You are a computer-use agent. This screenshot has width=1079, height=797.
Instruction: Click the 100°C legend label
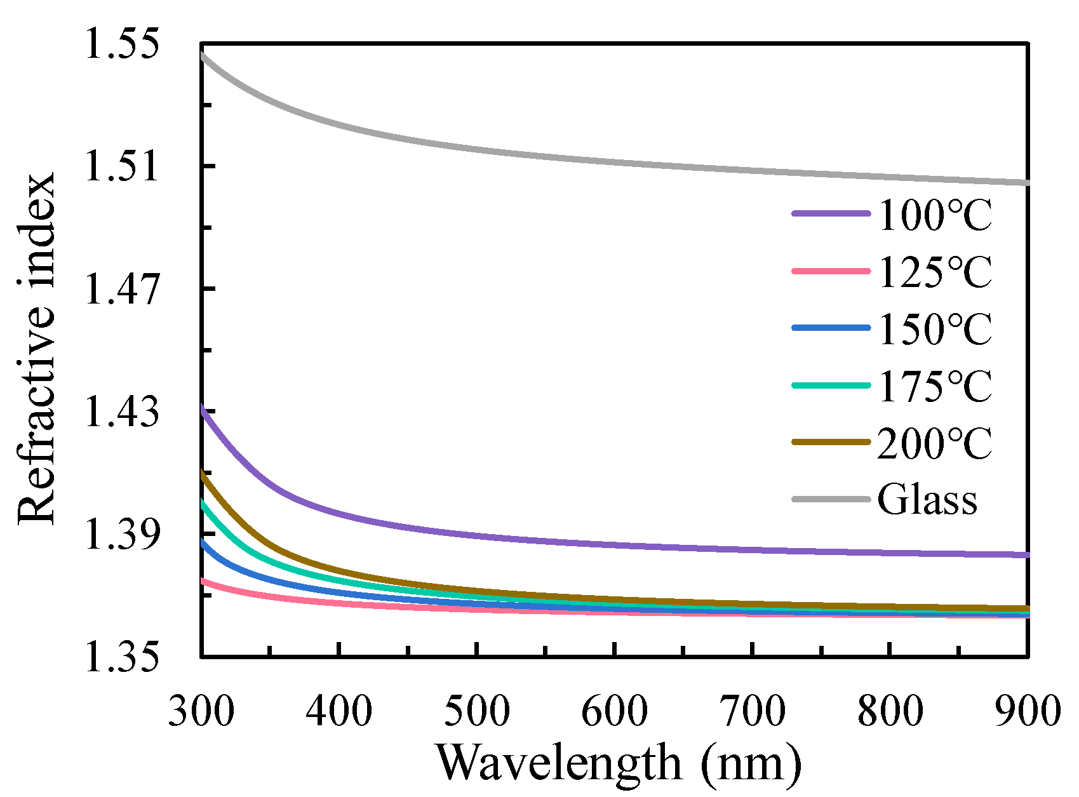tap(934, 215)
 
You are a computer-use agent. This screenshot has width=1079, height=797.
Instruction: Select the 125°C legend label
tap(934, 272)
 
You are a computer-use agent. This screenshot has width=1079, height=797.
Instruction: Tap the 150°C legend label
tap(934, 329)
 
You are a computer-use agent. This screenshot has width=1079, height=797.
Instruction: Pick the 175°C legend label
tap(934, 386)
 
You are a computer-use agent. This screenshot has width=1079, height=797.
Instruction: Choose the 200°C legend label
tap(934, 443)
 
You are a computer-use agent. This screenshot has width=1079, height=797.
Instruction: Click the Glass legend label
tap(927, 500)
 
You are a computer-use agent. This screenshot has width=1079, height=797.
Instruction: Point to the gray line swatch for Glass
tap(831, 500)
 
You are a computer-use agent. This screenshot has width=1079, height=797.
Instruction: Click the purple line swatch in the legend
tap(831, 215)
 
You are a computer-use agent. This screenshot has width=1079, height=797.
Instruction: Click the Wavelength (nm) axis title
tap(619, 763)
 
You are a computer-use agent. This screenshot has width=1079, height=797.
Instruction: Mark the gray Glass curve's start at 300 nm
tap(203, 55)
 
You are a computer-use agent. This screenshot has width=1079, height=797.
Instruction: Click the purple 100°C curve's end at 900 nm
tap(1026, 555)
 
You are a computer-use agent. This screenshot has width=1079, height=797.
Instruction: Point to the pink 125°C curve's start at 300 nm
tap(203, 580)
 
